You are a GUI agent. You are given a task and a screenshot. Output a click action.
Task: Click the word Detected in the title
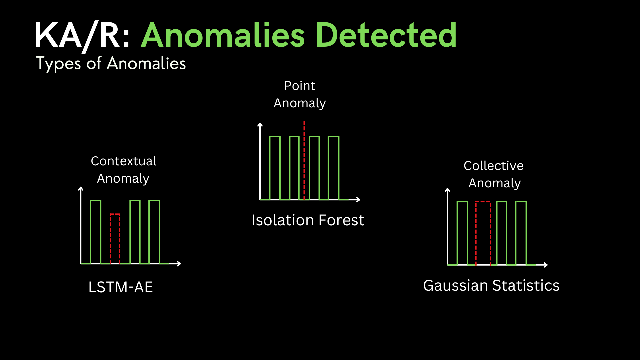coord(386,35)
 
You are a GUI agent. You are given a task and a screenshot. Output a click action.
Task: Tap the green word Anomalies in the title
coord(223,35)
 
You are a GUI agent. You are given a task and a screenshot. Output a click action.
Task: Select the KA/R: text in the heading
coord(82,36)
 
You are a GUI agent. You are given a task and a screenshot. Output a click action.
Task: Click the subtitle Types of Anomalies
coord(111,63)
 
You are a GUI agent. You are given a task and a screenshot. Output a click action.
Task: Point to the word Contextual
coord(123,161)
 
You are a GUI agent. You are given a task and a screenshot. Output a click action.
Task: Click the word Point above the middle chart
coord(299,86)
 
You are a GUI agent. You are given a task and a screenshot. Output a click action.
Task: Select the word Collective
coord(493,166)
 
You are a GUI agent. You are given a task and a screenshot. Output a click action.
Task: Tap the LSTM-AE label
coord(121,287)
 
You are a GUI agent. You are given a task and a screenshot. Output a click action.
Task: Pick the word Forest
coord(341,220)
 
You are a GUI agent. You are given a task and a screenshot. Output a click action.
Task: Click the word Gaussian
coord(456,285)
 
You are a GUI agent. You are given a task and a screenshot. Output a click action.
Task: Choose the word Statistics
coord(526,285)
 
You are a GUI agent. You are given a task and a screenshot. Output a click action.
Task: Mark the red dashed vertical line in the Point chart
coord(304,161)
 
